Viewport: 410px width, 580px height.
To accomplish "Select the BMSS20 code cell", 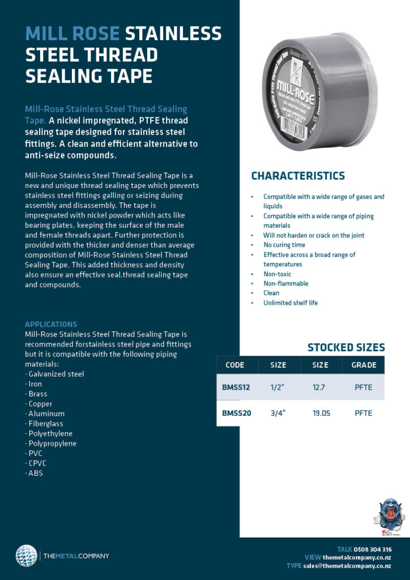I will [x=237, y=413].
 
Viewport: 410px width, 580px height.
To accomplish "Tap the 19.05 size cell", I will [x=321, y=413].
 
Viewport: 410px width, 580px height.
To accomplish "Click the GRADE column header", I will [x=364, y=365].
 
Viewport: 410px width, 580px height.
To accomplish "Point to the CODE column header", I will [x=234, y=365].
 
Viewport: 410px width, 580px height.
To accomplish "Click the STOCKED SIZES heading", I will [x=345, y=348].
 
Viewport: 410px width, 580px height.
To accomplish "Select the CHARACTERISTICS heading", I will [x=297, y=176].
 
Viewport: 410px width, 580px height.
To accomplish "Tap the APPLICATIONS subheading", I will [x=51, y=325].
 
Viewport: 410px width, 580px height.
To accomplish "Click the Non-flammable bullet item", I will [x=285, y=283].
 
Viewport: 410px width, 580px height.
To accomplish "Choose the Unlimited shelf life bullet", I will [x=290, y=302].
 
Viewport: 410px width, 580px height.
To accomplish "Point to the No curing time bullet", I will [x=284, y=245].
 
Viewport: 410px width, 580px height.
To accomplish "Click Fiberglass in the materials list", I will [x=45, y=424].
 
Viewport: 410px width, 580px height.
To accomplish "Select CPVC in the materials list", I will [x=38, y=463].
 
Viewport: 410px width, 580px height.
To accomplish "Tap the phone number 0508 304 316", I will [x=373, y=549].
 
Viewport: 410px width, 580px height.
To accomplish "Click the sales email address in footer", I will [x=347, y=566].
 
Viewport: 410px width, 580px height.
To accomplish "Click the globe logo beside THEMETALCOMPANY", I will [x=26, y=555].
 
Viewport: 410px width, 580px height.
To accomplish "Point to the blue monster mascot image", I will [x=390, y=514].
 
